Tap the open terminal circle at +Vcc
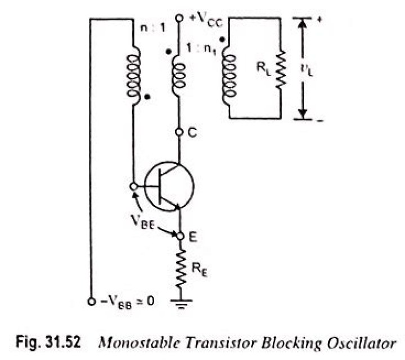tap(179, 18)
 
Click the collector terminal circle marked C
tap(179, 132)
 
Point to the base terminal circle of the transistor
tap(133, 186)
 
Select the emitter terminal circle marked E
tap(181, 237)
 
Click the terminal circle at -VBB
tap(91, 302)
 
